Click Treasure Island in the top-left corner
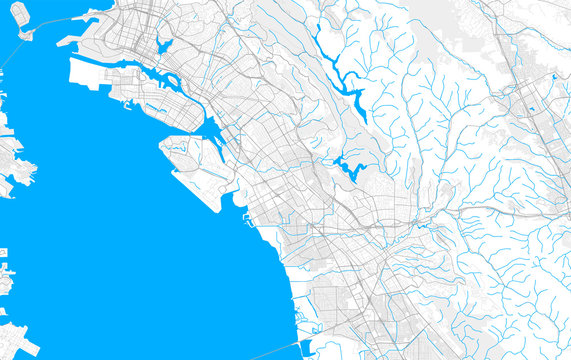coord(20,13)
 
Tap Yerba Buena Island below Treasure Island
coord(25,34)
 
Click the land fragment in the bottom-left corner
coord(15,340)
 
